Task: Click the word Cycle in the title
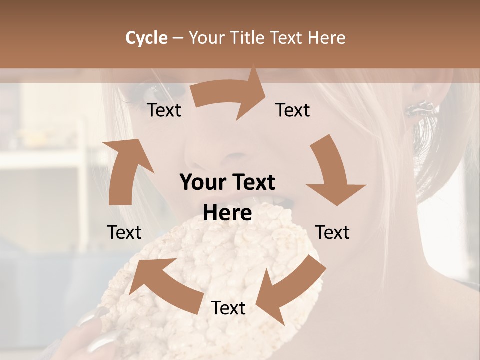[146, 38]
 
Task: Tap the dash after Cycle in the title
[178, 38]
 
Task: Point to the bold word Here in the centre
[227, 213]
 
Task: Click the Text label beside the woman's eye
[164, 110]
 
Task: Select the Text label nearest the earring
[293, 110]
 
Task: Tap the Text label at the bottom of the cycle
[228, 308]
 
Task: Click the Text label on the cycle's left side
[124, 232]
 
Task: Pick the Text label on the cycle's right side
[332, 232]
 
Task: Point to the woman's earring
[420, 108]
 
